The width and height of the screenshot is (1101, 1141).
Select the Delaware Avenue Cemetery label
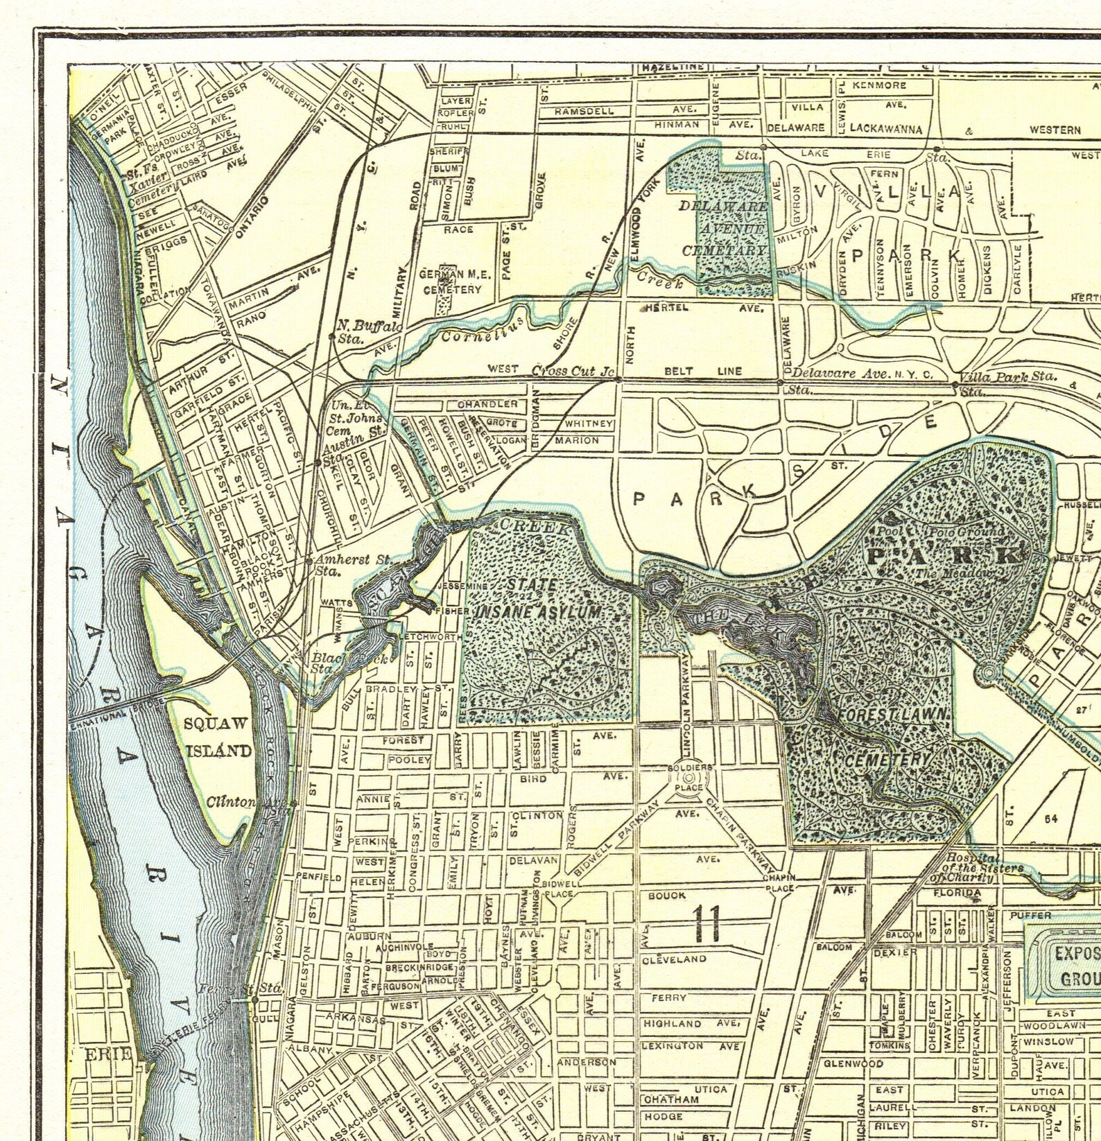pos(725,228)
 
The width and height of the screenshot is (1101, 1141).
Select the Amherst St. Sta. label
pos(352,564)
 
